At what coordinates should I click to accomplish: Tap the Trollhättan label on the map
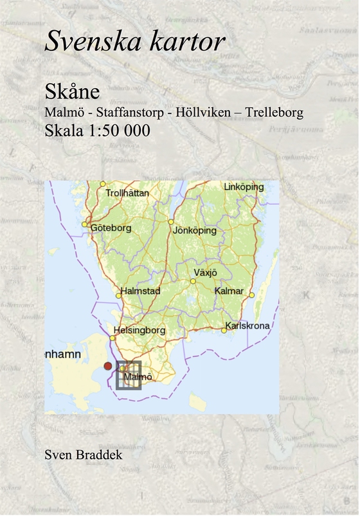[127, 192]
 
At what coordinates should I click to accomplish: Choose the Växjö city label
[206, 273]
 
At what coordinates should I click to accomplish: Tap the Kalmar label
[230, 291]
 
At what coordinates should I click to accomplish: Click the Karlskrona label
[248, 326]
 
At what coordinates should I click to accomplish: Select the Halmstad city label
[140, 291]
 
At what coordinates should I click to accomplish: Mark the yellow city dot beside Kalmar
[252, 295]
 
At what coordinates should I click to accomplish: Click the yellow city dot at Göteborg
[85, 225]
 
